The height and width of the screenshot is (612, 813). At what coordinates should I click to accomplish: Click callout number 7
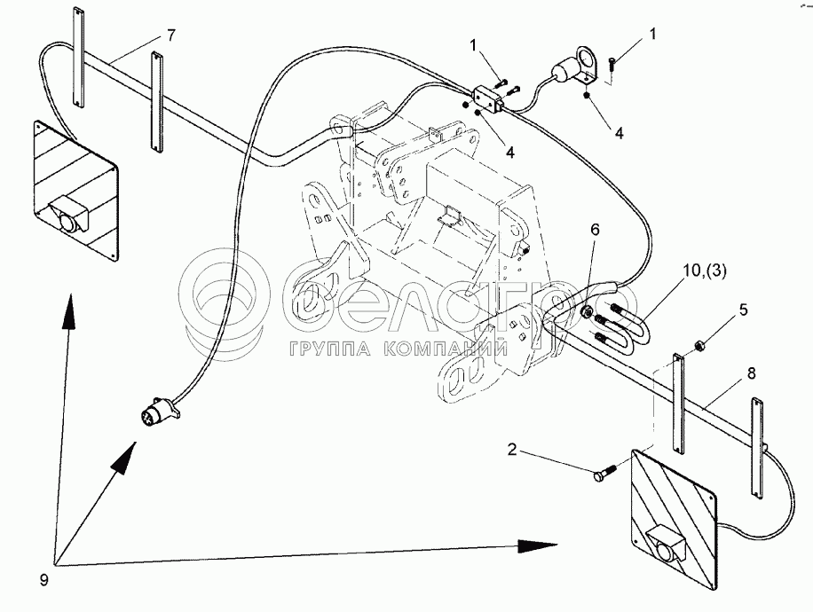tap(171, 35)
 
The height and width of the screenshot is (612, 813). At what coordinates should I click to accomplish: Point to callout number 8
tap(752, 374)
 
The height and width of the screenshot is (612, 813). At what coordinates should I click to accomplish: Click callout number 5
tap(744, 311)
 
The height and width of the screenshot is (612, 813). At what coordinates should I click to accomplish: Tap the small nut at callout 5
tap(698, 342)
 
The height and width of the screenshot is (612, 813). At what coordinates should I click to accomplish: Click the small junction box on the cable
tap(489, 98)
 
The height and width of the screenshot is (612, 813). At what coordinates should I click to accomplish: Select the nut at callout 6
tap(587, 312)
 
